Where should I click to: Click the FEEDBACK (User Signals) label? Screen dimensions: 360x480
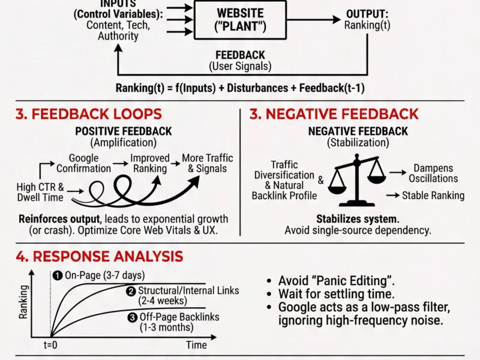[240, 60]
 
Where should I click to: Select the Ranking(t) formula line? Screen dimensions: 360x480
[240, 88]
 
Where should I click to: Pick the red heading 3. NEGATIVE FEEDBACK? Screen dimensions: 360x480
[334, 114]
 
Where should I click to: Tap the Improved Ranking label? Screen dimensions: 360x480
[150, 163]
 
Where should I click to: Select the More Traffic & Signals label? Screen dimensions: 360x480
[208, 163]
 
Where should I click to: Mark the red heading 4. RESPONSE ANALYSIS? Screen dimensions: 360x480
[99, 257]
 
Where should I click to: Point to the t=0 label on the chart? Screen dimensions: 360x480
[50, 346]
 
